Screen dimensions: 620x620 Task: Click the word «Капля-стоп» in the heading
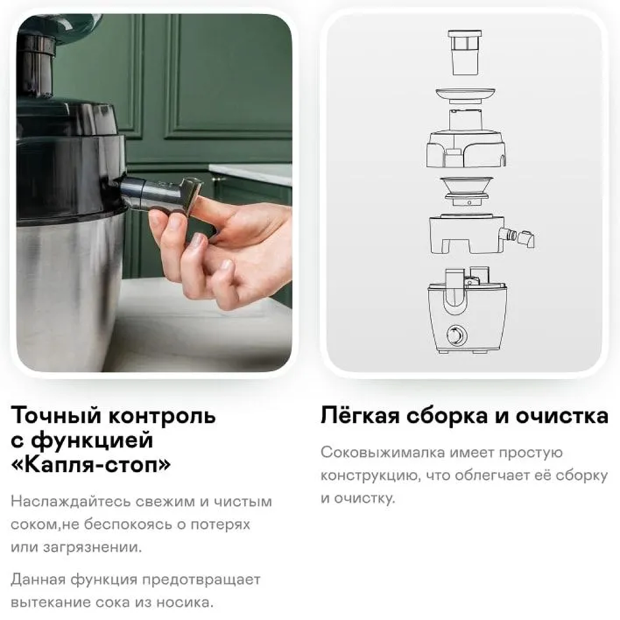click(x=91, y=464)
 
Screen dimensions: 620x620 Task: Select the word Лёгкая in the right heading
click(x=360, y=415)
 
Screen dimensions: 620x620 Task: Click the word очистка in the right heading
click(x=562, y=416)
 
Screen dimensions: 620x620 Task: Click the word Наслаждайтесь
click(x=71, y=502)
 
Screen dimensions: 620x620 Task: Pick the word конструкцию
click(x=370, y=476)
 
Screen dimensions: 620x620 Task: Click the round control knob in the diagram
click(x=457, y=335)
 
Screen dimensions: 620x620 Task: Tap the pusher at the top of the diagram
click(x=465, y=53)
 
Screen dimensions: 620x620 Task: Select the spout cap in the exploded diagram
click(x=526, y=238)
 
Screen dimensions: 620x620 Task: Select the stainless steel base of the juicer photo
click(x=67, y=293)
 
